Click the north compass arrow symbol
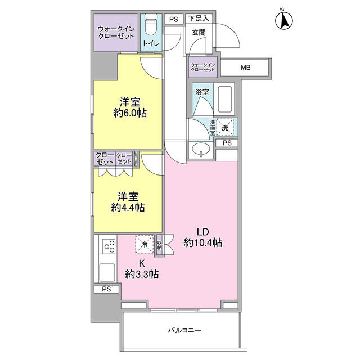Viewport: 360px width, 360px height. pyautogui.click(x=283, y=21)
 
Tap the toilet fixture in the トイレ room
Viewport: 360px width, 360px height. pyautogui.click(x=151, y=24)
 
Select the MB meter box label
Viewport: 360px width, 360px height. pyautogui.click(x=246, y=67)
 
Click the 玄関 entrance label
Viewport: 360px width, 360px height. pyautogui.click(x=199, y=33)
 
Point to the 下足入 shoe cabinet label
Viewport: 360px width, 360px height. pyautogui.click(x=199, y=19)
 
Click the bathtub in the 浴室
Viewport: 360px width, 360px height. pyautogui.click(x=224, y=99)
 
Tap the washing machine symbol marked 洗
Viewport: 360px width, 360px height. pyautogui.click(x=225, y=128)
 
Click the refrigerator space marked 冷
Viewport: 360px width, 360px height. pyautogui.click(x=145, y=244)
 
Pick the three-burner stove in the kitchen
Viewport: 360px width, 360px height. pyautogui.click(x=109, y=246)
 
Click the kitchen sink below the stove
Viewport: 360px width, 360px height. pyautogui.click(x=107, y=272)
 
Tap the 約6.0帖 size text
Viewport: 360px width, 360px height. pyautogui.click(x=130, y=113)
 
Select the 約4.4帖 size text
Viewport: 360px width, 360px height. pyautogui.click(x=128, y=208)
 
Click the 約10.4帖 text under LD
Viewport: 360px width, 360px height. pyautogui.click(x=202, y=242)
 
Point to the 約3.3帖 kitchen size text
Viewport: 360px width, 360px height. pyautogui.click(x=142, y=274)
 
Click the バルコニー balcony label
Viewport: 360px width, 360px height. pyautogui.click(x=185, y=330)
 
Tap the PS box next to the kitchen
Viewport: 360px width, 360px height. pyautogui.click(x=106, y=289)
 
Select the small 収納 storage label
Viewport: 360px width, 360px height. pyautogui.click(x=160, y=245)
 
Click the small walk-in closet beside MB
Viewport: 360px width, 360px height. pyautogui.click(x=202, y=67)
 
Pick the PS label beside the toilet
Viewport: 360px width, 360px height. pyautogui.click(x=174, y=19)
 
